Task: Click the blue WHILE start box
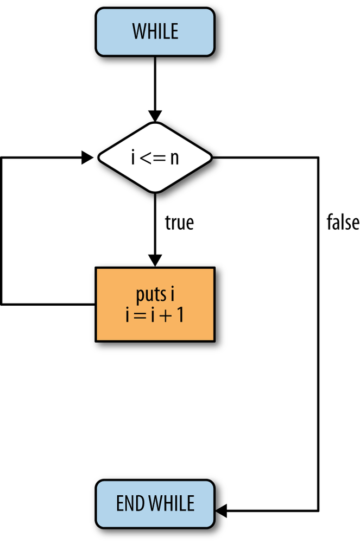tap(155, 31)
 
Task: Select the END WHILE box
tap(155, 503)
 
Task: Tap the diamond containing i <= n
tap(155, 157)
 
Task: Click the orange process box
tap(155, 304)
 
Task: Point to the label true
tap(179, 223)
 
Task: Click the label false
tap(343, 223)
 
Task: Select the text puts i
tap(155, 296)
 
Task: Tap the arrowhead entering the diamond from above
tap(155, 117)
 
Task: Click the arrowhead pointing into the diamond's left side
tap(87, 157)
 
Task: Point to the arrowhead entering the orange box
tap(155, 261)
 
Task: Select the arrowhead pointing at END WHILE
tap(222, 510)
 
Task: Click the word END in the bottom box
tap(129, 503)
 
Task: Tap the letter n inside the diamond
tap(174, 158)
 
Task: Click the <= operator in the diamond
tap(153, 158)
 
